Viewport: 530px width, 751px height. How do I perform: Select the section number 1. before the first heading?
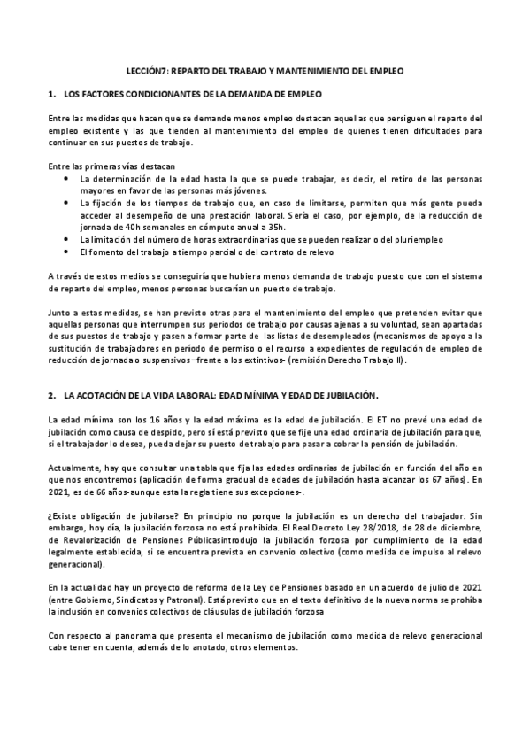pyautogui.click(x=51, y=93)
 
